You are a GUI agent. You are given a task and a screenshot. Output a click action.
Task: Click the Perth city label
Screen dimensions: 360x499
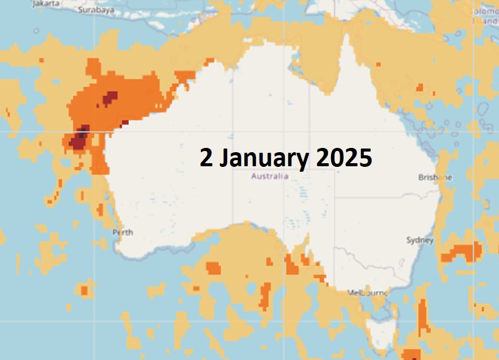coord(123,232)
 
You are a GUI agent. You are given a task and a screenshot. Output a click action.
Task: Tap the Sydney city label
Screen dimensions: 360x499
coord(420,240)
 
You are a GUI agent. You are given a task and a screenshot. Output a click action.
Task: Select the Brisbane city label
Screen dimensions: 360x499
coord(435,178)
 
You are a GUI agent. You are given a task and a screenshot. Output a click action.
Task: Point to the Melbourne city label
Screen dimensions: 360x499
coord(368,293)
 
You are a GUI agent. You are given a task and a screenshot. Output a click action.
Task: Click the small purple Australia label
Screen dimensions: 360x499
coord(269,177)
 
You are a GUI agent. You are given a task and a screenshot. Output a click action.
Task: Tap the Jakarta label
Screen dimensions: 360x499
coord(47,3)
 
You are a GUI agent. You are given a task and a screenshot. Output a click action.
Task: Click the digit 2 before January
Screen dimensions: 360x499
coord(206,158)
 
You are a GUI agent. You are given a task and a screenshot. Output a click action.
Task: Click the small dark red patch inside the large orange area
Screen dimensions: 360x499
coord(110,97)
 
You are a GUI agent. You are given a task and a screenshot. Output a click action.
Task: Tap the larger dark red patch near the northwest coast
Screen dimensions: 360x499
coord(79,138)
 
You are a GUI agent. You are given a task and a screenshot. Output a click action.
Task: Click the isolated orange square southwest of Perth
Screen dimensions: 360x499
coord(84,290)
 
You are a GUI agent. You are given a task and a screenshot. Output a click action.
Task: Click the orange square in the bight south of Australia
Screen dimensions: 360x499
coord(213,268)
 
